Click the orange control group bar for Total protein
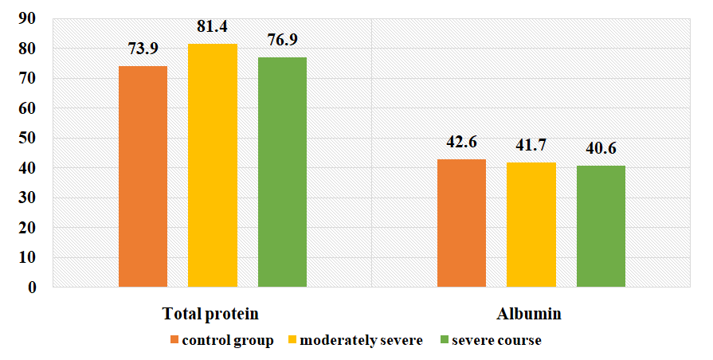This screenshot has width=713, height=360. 143,176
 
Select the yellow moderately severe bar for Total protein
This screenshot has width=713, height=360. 213,165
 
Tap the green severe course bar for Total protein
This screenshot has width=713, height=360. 282,172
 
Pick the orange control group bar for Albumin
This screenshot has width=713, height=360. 462,223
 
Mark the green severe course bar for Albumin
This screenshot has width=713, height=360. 601,226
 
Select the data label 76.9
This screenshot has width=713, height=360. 283,41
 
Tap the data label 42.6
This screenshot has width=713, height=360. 463,143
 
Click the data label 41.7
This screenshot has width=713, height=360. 532,146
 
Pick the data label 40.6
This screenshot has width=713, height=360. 601,149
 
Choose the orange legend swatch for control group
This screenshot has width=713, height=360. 174,341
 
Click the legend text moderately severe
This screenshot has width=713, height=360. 363,341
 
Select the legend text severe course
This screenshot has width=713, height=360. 496,341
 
